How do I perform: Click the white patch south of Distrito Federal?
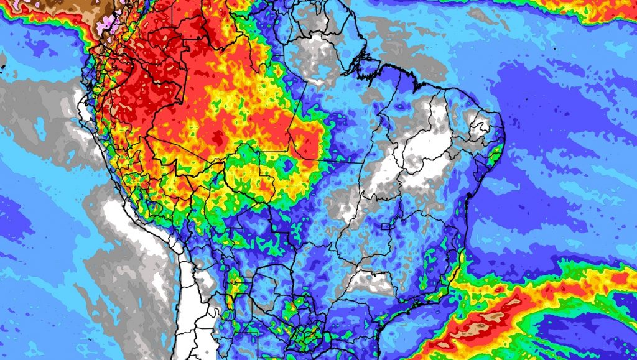[x=370, y=283]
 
